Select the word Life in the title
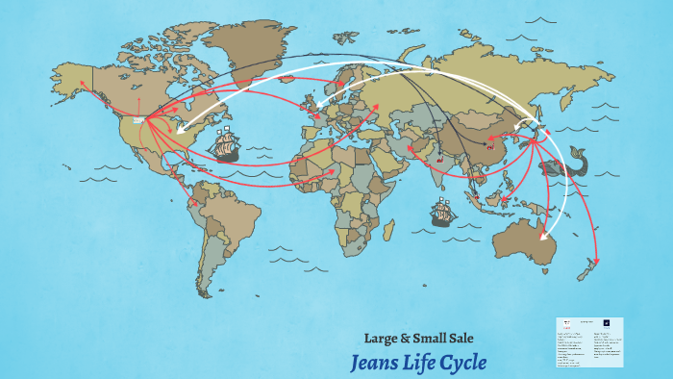(x=418, y=363)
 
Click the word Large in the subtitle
(x=381, y=338)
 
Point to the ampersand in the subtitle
(x=408, y=338)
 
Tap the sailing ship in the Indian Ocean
(x=442, y=212)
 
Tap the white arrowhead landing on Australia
(x=542, y=237)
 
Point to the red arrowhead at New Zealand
(x=597, y=260)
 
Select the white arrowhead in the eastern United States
(x=177, y=128)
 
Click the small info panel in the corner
(x=588, y=342)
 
